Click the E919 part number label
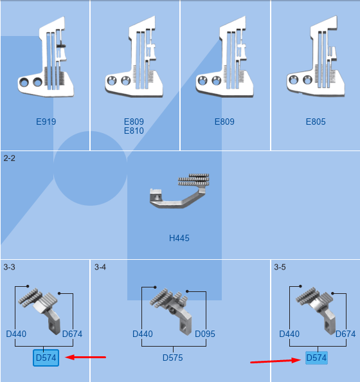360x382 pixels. pyautogui.click(x=46, y=122)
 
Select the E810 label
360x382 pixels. pyautogui.click(x=134, y=131)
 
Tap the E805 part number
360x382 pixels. pyautogui.click(x=316, y=122)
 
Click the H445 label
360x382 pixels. pyautogui.click(x=179, y=238)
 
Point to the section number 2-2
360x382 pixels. pyautogui.click(x=9, y=158)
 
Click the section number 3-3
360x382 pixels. pyautogui.click(x=9, y=267)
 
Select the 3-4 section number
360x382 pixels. pyautogui.click(x=100, y=267)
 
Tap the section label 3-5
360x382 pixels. pyautogui.click(x=280, y=267)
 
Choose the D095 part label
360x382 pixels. pyautogui.click(x=205, y=334)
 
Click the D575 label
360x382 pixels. pyautogui.click(x=173, y=358)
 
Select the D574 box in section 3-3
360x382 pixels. pyautogui.click(x=46, y=358)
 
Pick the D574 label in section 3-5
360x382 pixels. pyautogui.click(x=316, y=358)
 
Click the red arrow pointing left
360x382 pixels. pyautogui.click(x=85, y=358)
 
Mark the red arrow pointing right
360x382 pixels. pyautogui.click(x=276, y=361)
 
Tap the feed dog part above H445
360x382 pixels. pyautogui.click(x=179, y=191)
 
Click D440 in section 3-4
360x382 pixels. pyautogui.click(x=143, y=334)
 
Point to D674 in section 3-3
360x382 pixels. pyautogui.click(x=72, y=334)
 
